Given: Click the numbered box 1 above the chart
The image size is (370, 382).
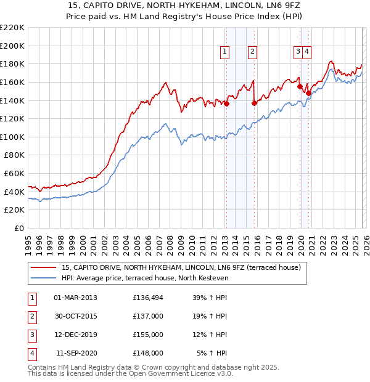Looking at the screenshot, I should [x=224, y=52].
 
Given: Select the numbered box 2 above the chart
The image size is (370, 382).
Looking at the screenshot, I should [x=253, y=52].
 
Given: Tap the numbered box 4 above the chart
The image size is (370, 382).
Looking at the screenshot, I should [x=306, y=52].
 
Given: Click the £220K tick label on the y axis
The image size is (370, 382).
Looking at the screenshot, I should [x=12, y=28].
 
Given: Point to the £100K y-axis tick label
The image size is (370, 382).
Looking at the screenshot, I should [x=12, y=137].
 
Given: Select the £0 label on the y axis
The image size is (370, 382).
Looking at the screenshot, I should [x=18, y=228].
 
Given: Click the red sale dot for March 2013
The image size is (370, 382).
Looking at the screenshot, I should [x=226, y=104].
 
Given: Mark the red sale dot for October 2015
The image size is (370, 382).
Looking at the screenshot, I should [x=254, y=104].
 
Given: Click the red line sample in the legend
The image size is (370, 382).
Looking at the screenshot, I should [x=44, y=268].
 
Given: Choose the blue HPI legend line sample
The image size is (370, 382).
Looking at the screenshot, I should [x=44, y=278].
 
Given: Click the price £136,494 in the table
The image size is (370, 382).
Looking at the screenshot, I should [x=147, y=298].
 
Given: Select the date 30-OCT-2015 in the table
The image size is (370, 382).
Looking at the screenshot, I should [x=76, y=316].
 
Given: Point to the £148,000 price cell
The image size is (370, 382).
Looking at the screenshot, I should [x=147, y=353].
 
